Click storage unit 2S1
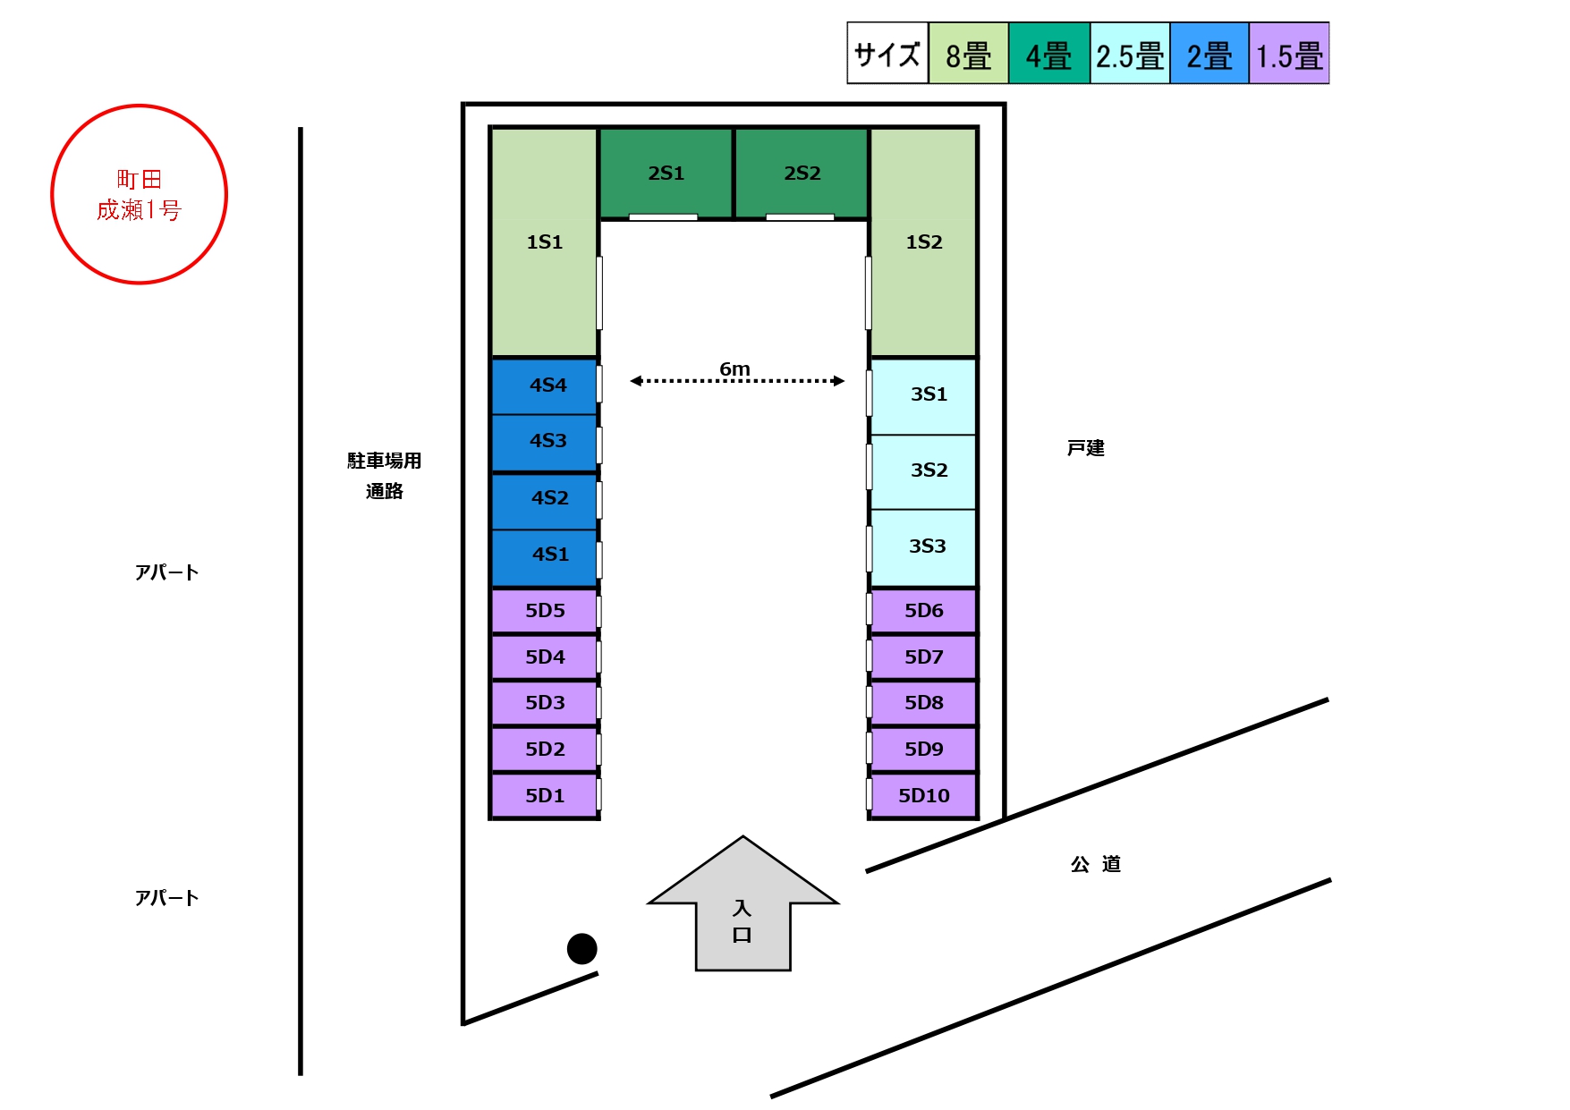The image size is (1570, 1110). [x=666, y=174]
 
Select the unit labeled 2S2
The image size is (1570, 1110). [x=802, y=174]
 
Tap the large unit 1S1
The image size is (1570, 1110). [x=544, y=242]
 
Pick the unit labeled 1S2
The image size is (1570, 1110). [x=923, y=242]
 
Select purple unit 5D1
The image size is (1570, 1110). [x=545, y=795]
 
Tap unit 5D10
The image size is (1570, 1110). [x=924, y=795]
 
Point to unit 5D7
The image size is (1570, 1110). [x=924, y=657]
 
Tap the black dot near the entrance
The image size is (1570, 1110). [x=582, y=948]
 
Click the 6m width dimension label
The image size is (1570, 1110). [x=734, y=369]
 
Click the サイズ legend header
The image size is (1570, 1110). [x=887, y=55]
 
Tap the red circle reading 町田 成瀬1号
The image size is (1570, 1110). [x=140, y=195]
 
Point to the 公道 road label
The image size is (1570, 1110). [x=1096, y=864]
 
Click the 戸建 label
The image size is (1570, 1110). [x=1085, y=448]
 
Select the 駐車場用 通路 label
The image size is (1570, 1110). [x=385, y=475]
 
